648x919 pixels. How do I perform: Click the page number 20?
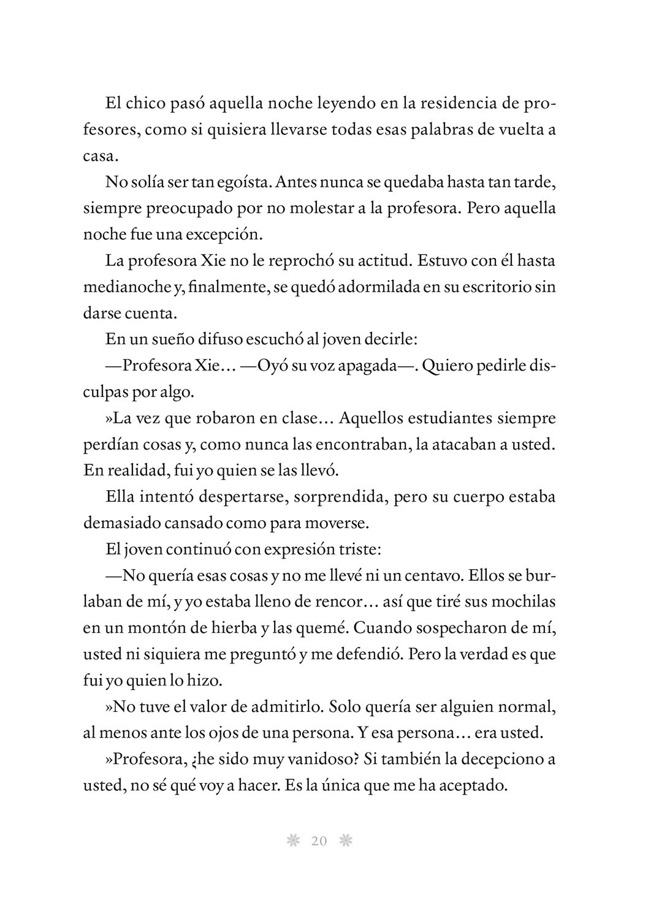coord(319,841)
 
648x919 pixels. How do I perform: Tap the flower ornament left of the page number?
coord(293,841)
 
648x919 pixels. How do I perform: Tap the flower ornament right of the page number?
coord(346,841)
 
